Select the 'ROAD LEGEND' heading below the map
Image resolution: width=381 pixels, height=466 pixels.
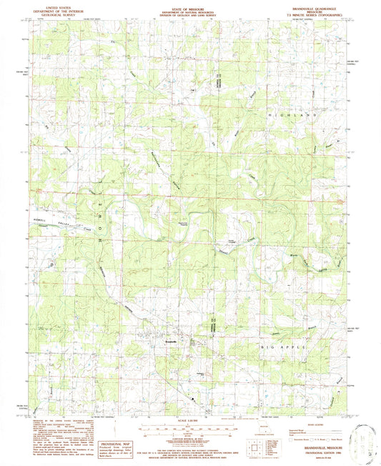312,423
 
